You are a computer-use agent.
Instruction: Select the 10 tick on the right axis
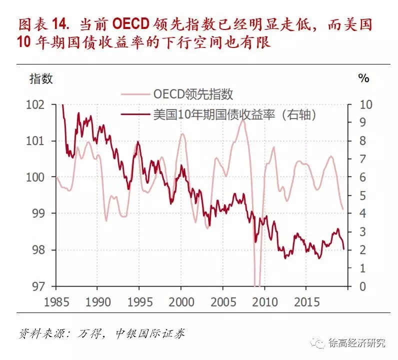coord(366,105)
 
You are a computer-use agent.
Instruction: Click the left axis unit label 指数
coord(40,78)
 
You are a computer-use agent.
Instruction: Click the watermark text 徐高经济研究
coord(357,342)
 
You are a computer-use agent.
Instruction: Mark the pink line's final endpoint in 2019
coord(343,210)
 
